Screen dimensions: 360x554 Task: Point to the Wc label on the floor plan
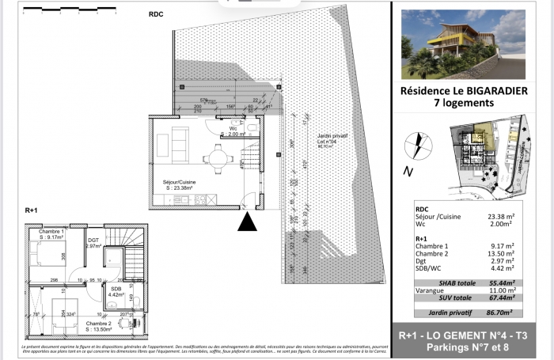(233, 127)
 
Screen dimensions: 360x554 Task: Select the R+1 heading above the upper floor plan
(31, 210)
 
